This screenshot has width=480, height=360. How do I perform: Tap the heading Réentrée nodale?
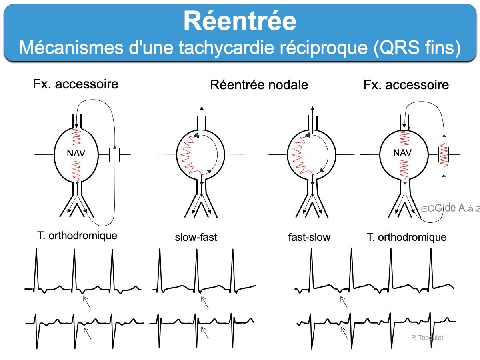[x=259, y=85]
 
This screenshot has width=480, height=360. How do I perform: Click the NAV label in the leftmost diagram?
[x=76, y=153]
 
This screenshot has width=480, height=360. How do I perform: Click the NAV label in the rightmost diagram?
[x=402, y=153]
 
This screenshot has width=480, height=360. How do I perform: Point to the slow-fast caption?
[x=196, y=237]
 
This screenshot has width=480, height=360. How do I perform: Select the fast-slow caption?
[x=309, y=237]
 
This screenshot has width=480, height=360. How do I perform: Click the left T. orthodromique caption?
[x=77, y=235]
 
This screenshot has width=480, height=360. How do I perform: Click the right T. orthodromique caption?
[x=406, y=237]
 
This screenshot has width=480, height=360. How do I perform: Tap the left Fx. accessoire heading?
[x=76, y=84]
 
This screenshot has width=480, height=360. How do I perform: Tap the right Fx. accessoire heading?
[x=406, y=85]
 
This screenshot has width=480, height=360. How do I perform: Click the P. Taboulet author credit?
[x=427, y=338]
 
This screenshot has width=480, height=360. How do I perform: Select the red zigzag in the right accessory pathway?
[x=444, y=154]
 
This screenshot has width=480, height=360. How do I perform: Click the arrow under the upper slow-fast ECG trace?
[x=204, y=302]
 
